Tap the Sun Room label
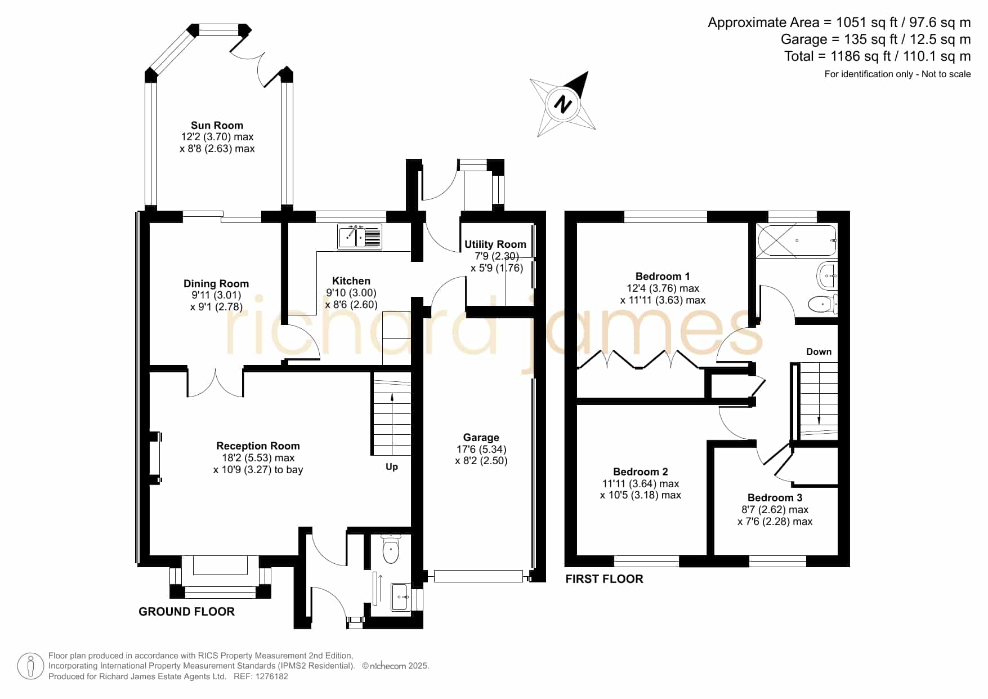[x=217, y=126]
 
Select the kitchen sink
[x=360, y=237]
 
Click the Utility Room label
[x=495, y=244]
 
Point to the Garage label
[x=481, y=438]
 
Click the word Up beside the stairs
[x=392, y=466]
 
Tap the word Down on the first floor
[x=819, y=351]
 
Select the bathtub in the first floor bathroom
[x=796, y=241]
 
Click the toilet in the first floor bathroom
[x=823, y=304]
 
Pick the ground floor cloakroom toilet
[x=390, y=550]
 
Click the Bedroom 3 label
[x=775, y=498]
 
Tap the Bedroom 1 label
[x=662, y=277]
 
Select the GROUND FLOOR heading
[x=186, y=612]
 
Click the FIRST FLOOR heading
[x=604, y=579]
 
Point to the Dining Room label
[x=216, y=284]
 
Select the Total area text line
[x=877, y=56]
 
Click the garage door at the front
[x=478, y=576]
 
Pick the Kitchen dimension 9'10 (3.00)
[x=351, y=293]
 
